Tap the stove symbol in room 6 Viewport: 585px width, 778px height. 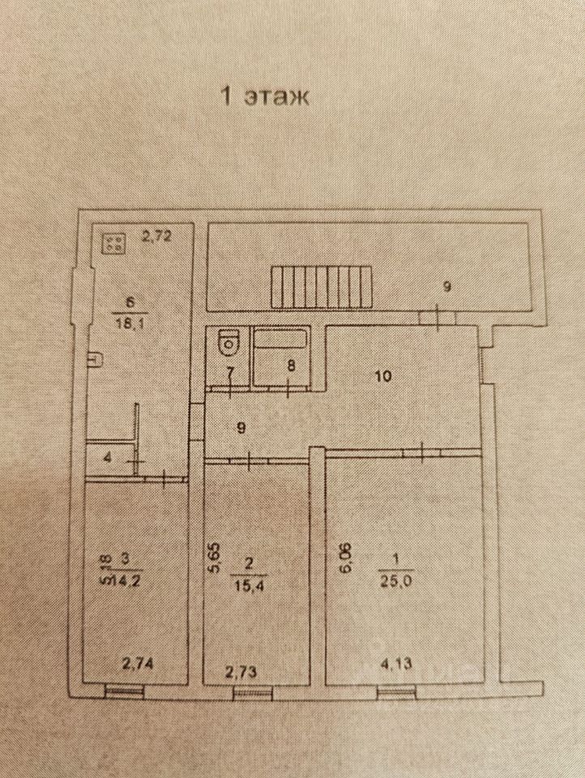114,242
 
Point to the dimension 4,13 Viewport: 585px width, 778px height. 395,665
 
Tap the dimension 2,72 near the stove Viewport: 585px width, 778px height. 156,237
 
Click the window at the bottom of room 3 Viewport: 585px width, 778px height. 125,691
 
